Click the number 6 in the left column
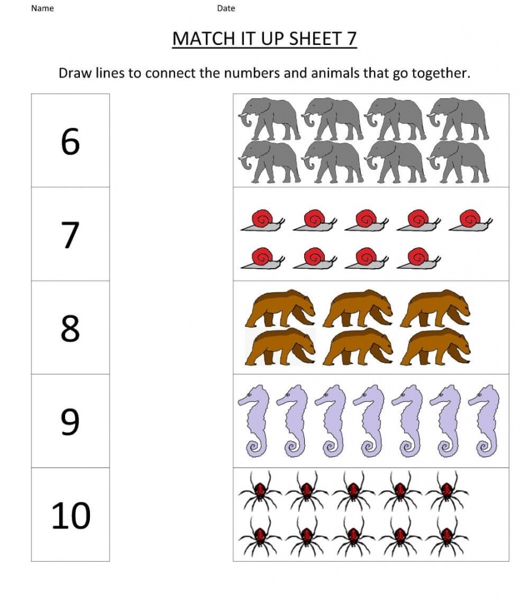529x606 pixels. click(70, 142)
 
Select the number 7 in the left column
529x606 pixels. click(70, 235)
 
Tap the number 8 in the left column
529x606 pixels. click(70, 328)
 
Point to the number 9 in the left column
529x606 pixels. click(70, 421)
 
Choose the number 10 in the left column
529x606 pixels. click(70, 515)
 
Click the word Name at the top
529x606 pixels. click(42, 8)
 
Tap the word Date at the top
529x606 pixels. click(226, 8)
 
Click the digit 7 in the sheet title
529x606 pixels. click(351, 39)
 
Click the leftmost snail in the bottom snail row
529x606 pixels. click(261, 259)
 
